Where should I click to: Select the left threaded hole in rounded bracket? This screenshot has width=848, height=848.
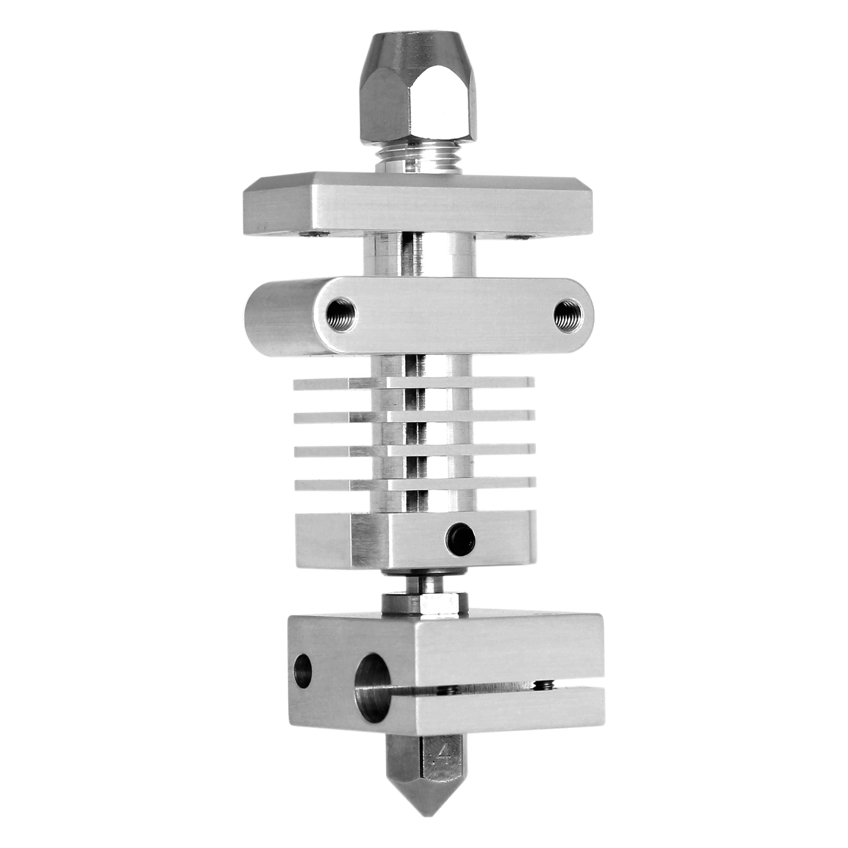click(342, 314)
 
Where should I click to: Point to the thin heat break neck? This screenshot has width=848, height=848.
click(425, 584)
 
